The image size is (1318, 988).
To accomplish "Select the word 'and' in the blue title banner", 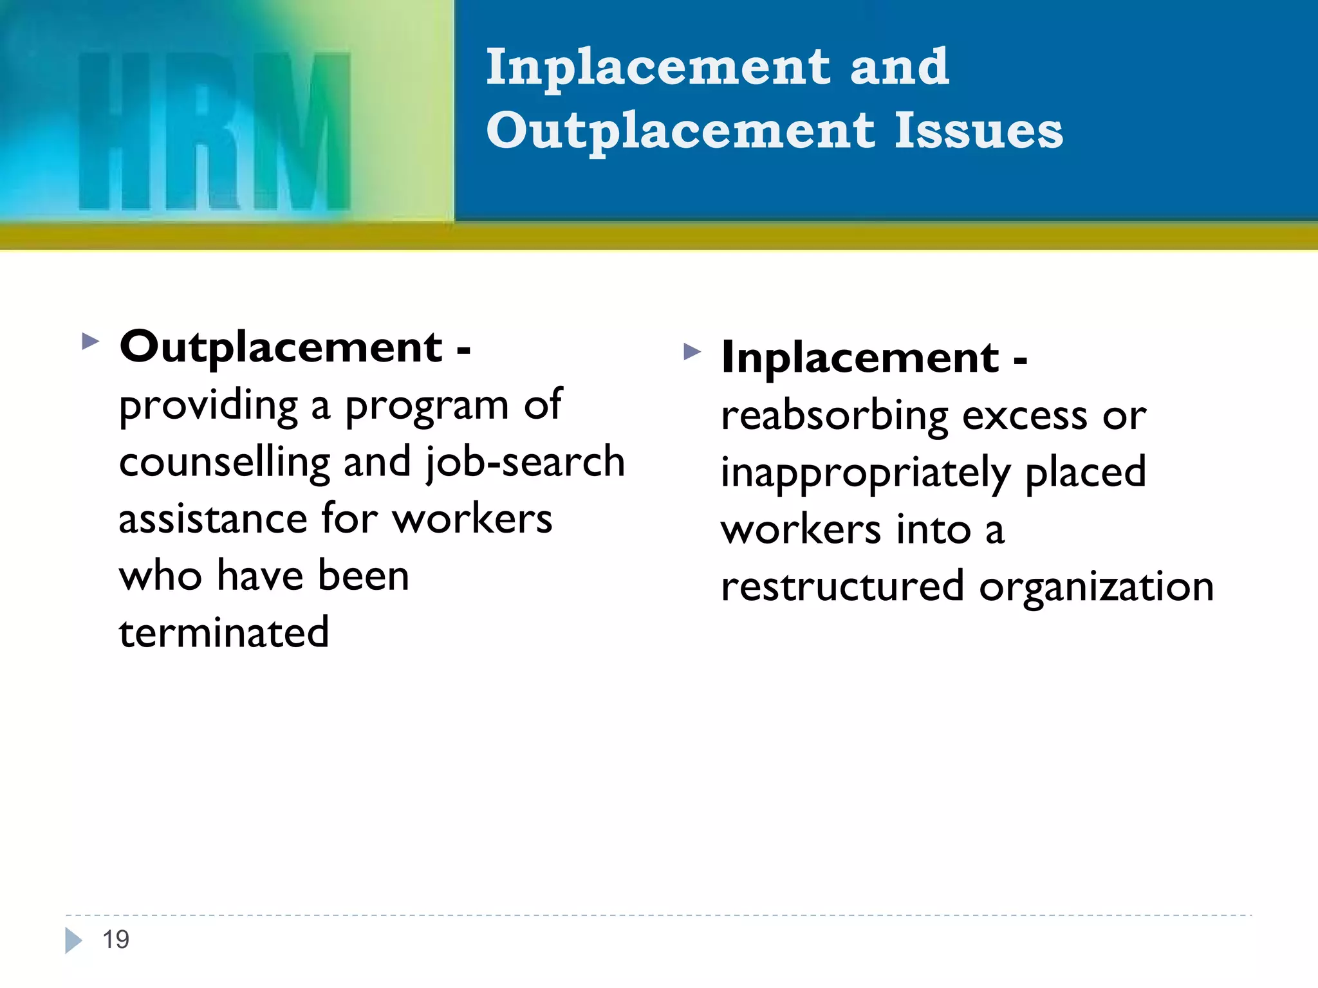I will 900,68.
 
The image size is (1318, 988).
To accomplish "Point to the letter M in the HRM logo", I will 302,132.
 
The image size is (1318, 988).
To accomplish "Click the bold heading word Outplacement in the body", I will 281,347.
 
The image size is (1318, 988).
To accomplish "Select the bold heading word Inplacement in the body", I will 860,358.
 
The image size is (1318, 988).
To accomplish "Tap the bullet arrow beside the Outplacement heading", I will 91,341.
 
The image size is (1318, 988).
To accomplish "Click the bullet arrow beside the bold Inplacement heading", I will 692,351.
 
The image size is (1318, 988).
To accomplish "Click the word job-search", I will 525,462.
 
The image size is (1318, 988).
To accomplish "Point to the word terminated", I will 224,633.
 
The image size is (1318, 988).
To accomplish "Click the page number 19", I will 116,940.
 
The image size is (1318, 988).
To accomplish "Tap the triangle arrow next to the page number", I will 73,940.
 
